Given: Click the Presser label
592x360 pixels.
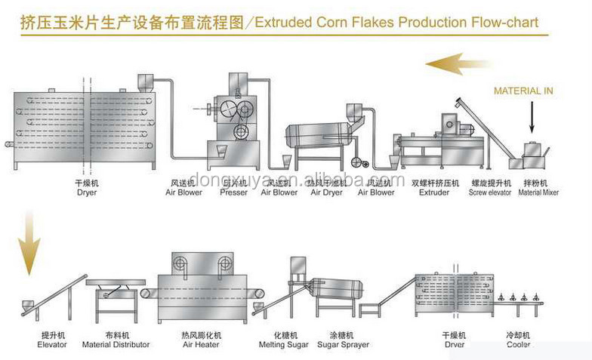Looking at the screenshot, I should point(234,192).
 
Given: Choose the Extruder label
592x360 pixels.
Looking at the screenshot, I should point(435,192).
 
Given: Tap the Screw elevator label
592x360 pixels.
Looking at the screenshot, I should point(490,192).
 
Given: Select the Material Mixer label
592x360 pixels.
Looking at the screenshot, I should point(538,192).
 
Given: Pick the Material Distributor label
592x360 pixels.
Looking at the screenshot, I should point(116,345).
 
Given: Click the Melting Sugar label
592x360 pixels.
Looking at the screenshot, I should point(284,345).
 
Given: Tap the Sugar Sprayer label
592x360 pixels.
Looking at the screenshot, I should point(344,345).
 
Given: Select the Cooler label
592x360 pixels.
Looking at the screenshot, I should point(518,345).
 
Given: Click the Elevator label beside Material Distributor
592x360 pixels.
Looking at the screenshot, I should point(52,345).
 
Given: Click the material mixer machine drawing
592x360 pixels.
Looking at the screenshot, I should point(534,154).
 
